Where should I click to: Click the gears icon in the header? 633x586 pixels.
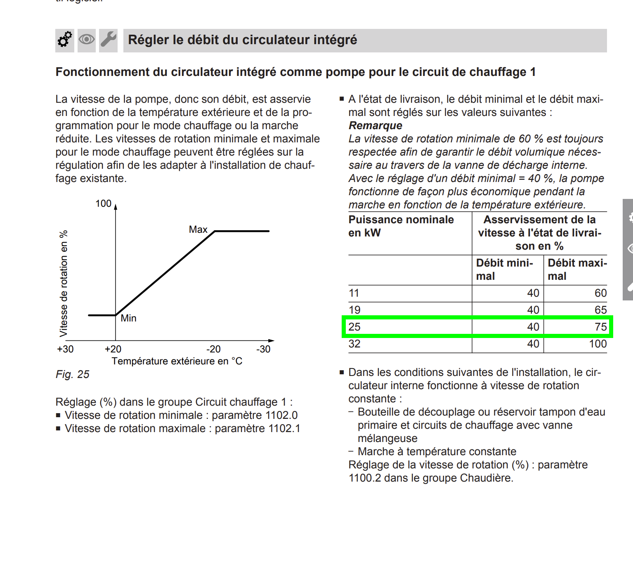pos(65,40)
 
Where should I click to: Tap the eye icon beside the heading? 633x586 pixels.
pos(87,40)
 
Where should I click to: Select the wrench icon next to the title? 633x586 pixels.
pos(109,40)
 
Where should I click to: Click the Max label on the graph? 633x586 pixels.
pos(198,229)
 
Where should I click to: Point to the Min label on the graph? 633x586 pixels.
pos(128,318)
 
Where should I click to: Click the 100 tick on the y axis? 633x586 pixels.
pos(104,203)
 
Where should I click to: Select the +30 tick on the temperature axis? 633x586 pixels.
pos(65,349)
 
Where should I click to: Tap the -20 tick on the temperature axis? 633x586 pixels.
pos(213,349)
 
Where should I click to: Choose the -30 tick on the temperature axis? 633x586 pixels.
pos(263,349)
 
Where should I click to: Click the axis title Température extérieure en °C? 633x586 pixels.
pos(177,361)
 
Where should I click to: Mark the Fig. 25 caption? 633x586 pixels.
pos(73,374)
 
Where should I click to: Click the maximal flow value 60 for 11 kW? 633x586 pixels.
pos(600,293)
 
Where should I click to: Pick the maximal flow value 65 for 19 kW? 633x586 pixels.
pos(600,310)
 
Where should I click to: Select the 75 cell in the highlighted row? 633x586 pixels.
pos(600,327)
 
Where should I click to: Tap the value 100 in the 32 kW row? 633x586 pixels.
pos(598,344)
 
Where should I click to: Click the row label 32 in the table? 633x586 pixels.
pos(354,344)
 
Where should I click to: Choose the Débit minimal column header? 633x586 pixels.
pos(504,269)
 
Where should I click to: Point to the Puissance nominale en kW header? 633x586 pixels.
pos(401,226)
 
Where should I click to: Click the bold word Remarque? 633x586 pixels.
pos(375,125)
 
